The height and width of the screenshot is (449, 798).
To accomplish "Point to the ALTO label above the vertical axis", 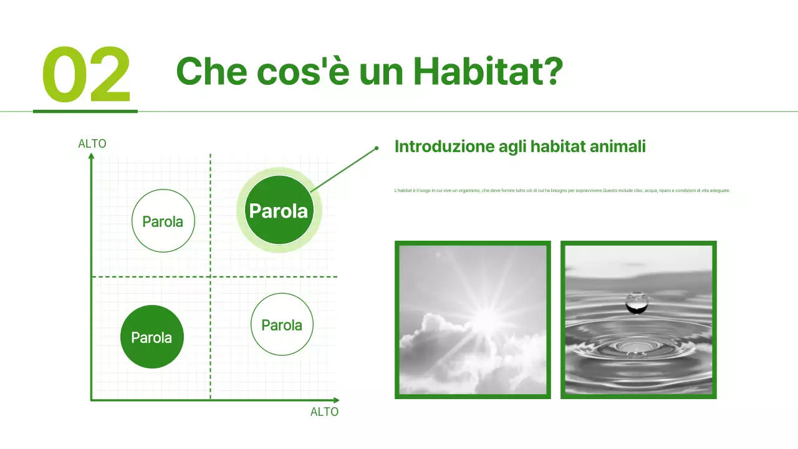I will [92, 144].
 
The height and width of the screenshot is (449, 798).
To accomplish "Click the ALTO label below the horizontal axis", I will [324, 412].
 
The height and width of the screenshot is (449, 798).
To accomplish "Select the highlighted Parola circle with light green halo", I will [278, 211].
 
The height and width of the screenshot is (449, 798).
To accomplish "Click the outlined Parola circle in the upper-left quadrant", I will [163, 221].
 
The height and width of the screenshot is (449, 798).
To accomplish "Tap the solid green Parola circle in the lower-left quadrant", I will [151, 337].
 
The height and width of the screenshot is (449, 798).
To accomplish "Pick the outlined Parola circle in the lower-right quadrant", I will [282, 325].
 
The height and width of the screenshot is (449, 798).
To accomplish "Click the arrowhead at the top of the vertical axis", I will [92, 157].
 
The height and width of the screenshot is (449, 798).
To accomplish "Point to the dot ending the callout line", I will [377, 148].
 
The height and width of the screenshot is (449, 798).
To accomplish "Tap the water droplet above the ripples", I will [637, 302].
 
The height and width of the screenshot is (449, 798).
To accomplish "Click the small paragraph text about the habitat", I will [562, 190].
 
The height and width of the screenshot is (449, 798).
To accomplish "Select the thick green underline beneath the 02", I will [85, 111].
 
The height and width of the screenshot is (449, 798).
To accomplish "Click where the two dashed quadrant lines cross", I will [210, 276].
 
